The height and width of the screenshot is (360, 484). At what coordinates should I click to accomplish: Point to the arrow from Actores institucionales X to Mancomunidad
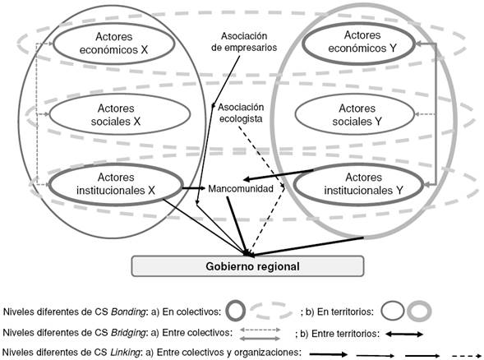193,188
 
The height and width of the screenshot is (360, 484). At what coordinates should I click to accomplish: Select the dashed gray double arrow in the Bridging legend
262,330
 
